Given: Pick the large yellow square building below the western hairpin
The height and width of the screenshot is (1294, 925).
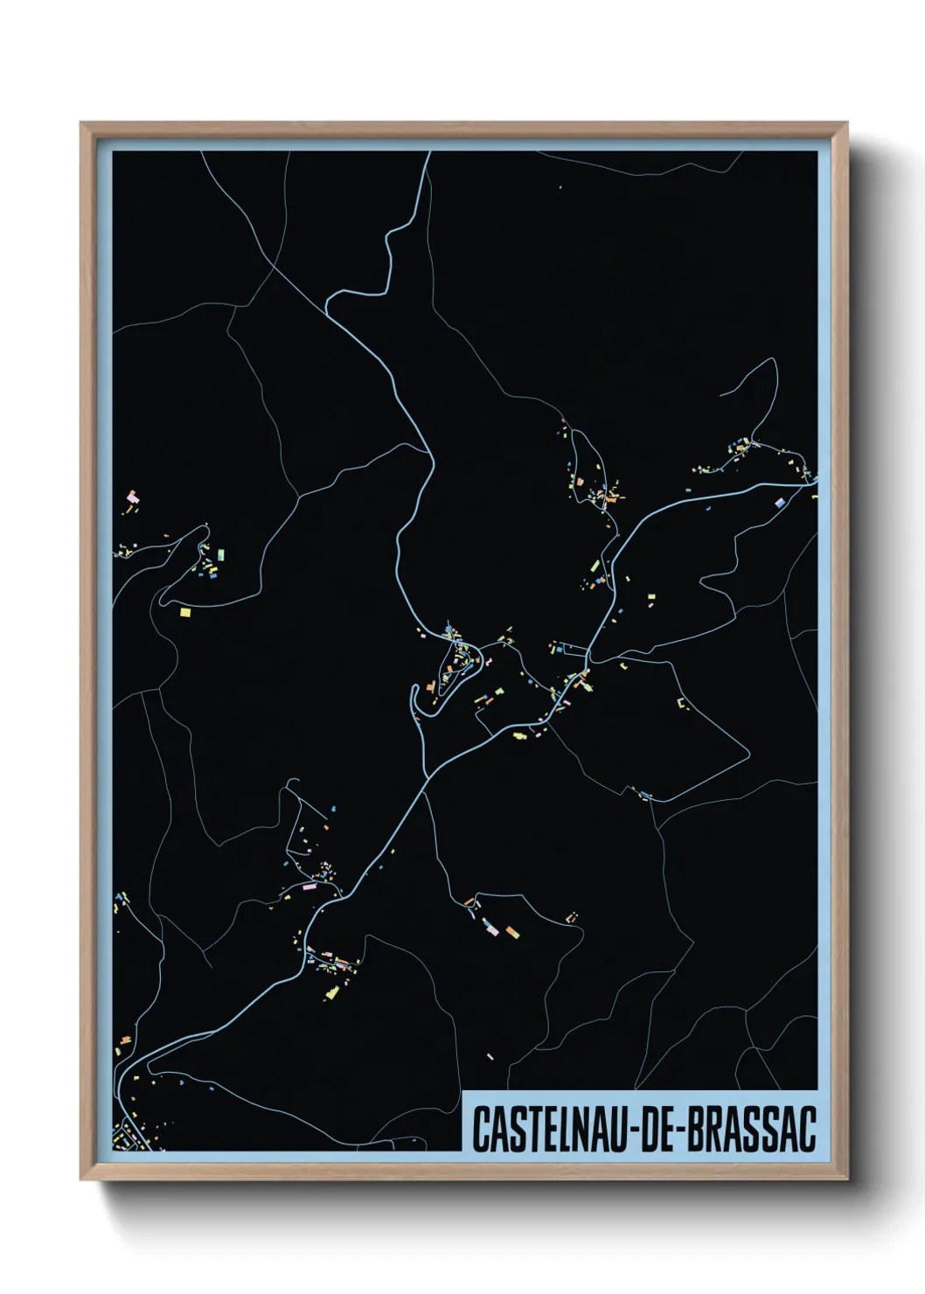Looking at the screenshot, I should pyautogui.click(x=184, y=612).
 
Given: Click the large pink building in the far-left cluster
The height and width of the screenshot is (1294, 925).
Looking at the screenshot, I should pyautogui.click(x=133, y=497).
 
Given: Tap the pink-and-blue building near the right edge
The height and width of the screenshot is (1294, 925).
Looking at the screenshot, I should pyautogui.click(x=781, y=503).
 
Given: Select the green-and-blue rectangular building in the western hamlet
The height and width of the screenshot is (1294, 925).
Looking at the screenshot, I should pyautogui.click(x=220, y=554).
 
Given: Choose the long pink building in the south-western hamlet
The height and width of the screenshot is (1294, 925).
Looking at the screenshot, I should pyautogui.click(x=309, y=887).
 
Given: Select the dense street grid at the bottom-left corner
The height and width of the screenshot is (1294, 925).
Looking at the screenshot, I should pyautogui.click(x=129, y=1136).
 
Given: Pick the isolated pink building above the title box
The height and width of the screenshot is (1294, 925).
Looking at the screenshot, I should pyautogui.click(x=490, y=1057).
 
